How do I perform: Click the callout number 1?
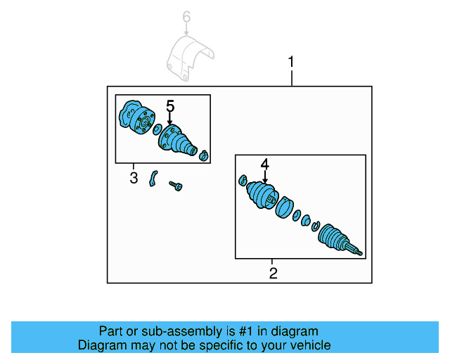(291, 63)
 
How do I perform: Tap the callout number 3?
(134, 178)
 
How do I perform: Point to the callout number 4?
(264, 165)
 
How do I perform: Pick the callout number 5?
(169, 105)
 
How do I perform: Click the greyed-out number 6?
(186, 16)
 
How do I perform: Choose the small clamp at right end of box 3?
(204, 155)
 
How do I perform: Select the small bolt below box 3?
(175, 186)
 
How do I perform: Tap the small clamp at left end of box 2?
(243, 179)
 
